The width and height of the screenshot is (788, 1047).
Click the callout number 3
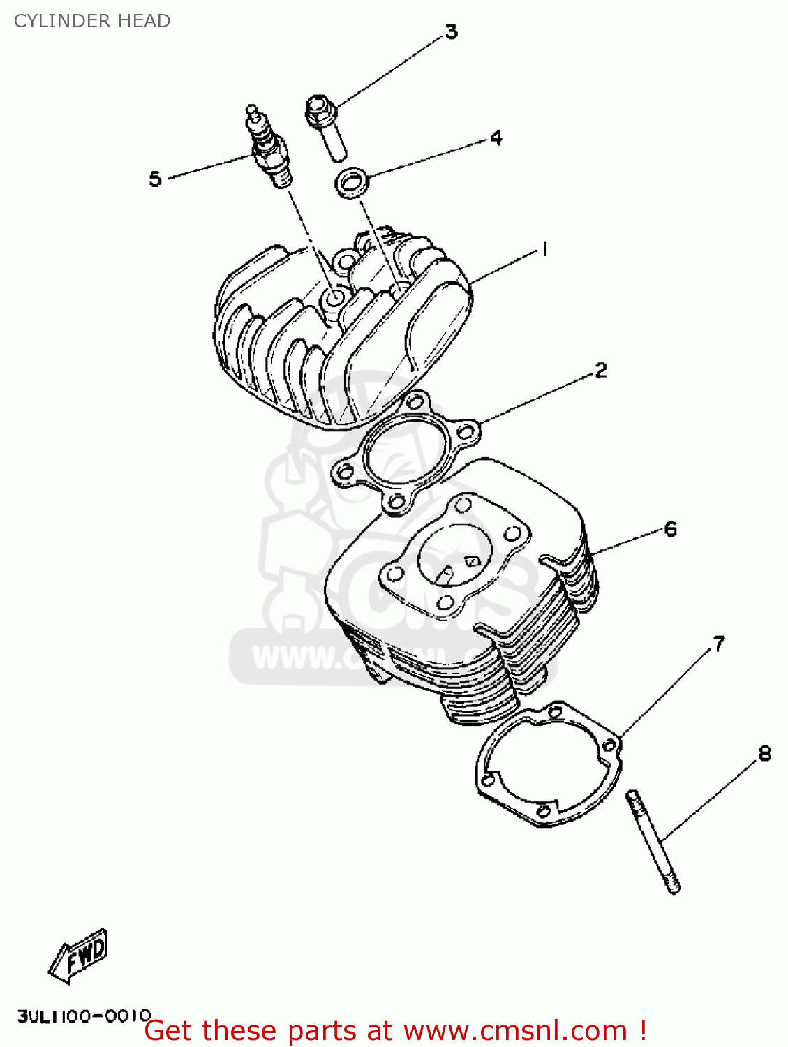[x=452, y=32]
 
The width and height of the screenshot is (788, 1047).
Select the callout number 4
[x=496, y=138]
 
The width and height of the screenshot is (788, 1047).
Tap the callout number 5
[x=155, y=179]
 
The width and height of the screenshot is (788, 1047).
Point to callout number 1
[x=544, y=249]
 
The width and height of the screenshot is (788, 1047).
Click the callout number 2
[x=600, y=370]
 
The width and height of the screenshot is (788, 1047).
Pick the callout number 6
[x=670, y=529]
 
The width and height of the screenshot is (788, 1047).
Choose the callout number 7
[x=719, y=644]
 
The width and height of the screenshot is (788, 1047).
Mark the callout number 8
[x=765, y=754]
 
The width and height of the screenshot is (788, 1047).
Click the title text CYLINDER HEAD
[x=92, y=21]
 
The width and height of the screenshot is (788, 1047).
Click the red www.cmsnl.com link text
[x=515, y=1031]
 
